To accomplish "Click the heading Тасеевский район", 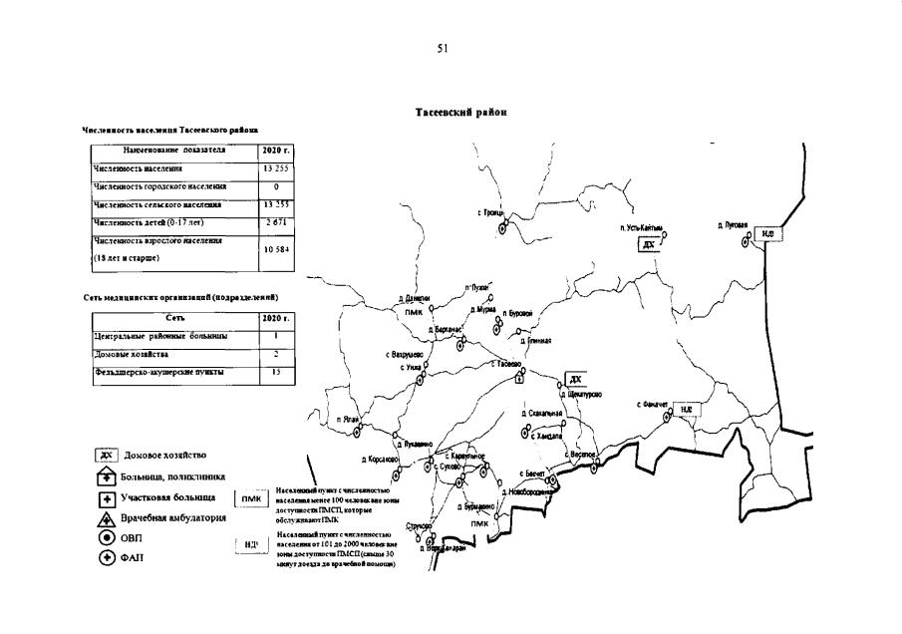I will coord(461,113).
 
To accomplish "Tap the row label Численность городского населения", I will coord(159,186).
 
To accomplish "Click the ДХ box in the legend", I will coord(107,456).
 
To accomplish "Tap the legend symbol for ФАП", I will coord(107,557).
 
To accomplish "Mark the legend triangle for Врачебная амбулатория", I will coord(107,518).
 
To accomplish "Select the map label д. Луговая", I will coord(733,225).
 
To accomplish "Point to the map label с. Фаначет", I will coord(654,404).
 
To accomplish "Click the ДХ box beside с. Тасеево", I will coord(575,380).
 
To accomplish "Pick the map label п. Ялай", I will coord(348,420).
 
